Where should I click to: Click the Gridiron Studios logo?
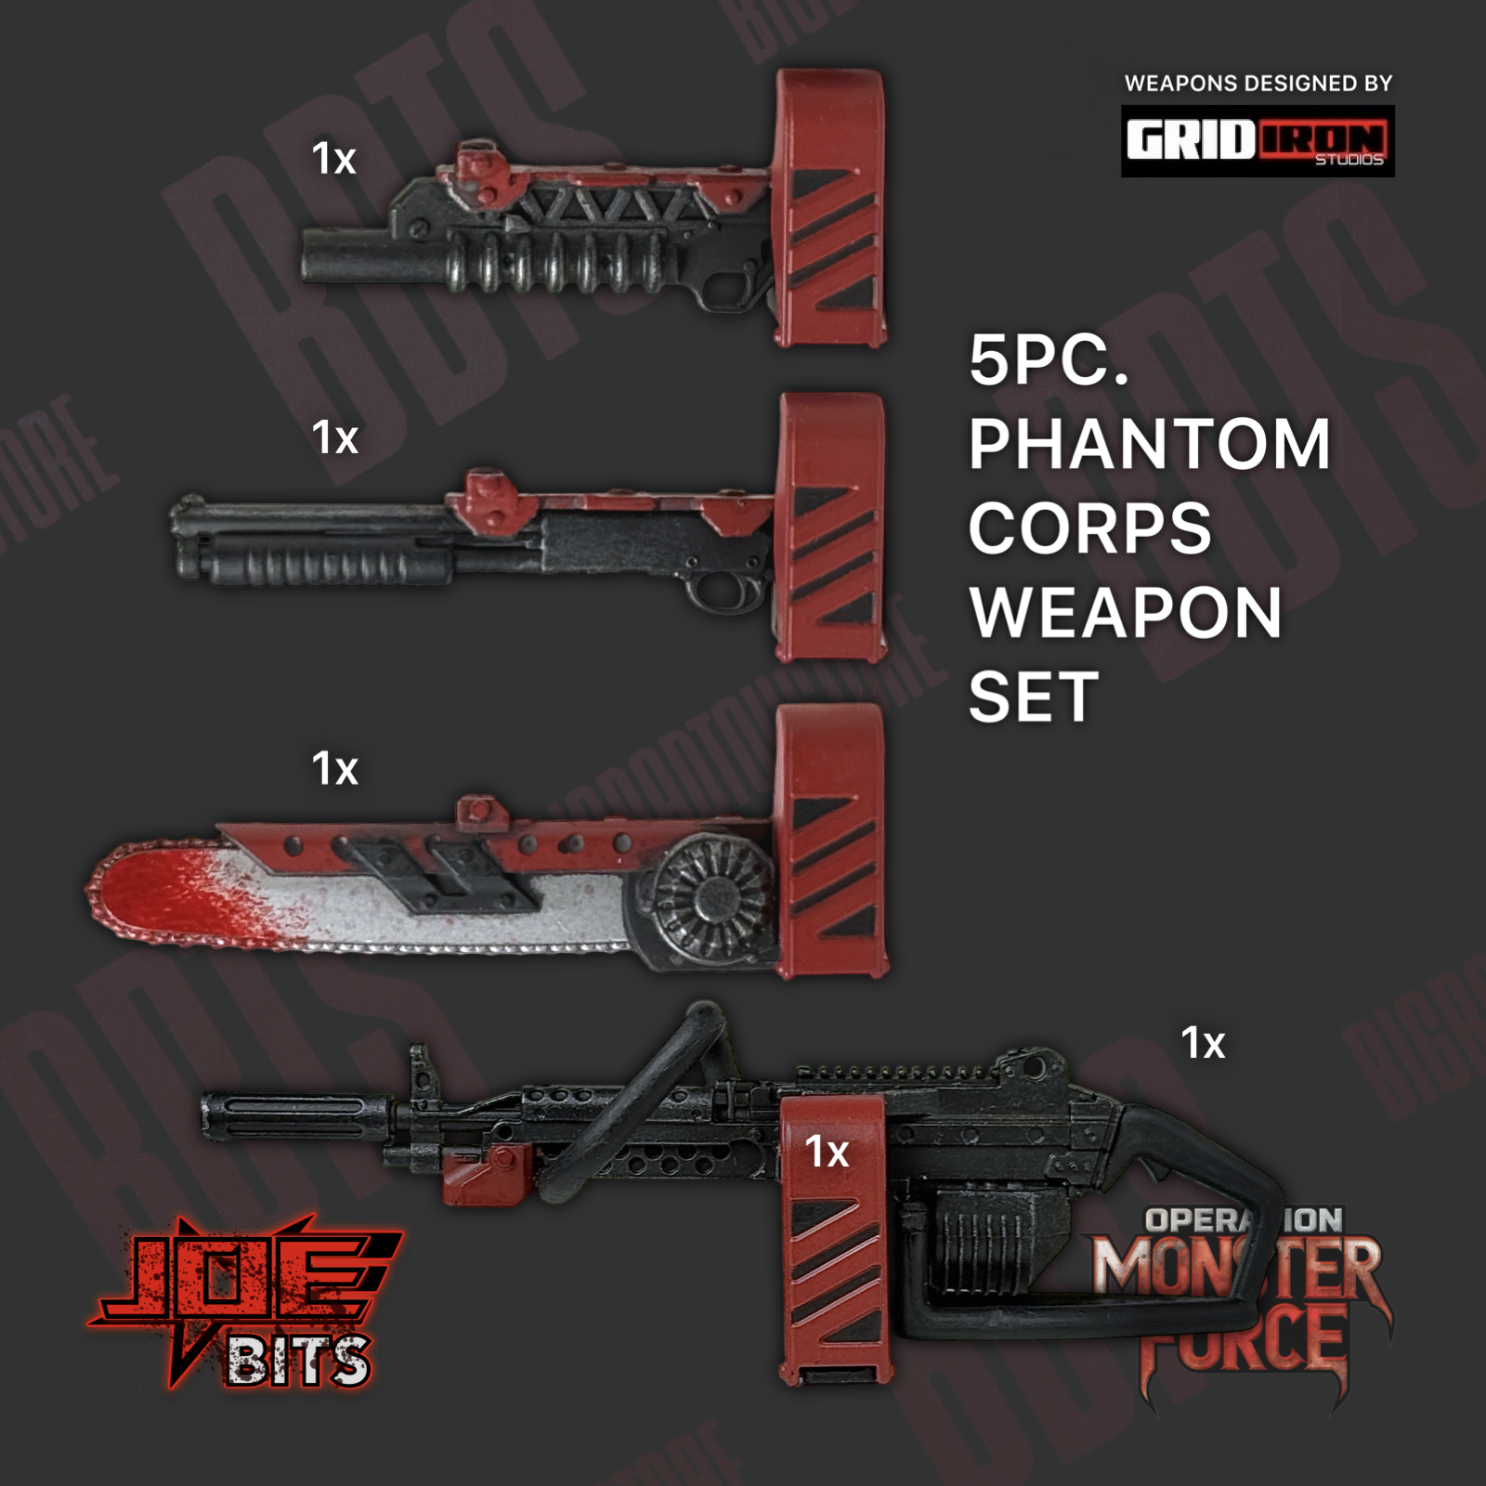pos(1258,141)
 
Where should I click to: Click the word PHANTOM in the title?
pos(1149,444)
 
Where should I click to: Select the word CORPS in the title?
pos(1089,528)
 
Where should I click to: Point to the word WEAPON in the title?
pos(1126,613)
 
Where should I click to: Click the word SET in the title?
pos(1033,697)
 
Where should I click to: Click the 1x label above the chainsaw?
pos(334,769)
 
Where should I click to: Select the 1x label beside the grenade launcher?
pos(334,159)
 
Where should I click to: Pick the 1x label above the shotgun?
pos(334,437)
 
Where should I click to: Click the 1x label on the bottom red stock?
pos(827,1153)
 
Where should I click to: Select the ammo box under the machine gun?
pos(989,1240)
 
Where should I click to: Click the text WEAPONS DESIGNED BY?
pos(1258,84)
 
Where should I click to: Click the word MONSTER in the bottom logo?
pos(1235,1268)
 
